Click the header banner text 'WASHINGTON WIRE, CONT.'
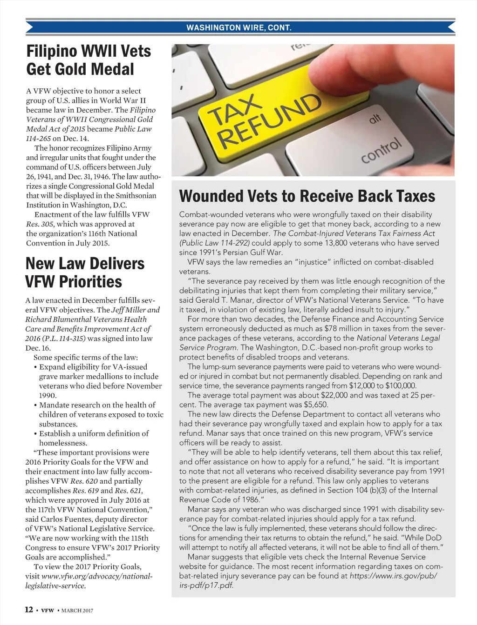239,27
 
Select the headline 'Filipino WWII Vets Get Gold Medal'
89,60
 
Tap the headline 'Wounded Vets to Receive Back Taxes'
307,196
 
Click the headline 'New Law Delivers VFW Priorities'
85,273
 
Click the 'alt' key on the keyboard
375,120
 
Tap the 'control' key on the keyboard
381,150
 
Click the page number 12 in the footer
29,610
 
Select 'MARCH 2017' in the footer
77,610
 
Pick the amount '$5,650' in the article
315,405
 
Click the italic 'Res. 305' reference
40,224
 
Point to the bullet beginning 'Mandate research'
98,414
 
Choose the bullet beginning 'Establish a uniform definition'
94,438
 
